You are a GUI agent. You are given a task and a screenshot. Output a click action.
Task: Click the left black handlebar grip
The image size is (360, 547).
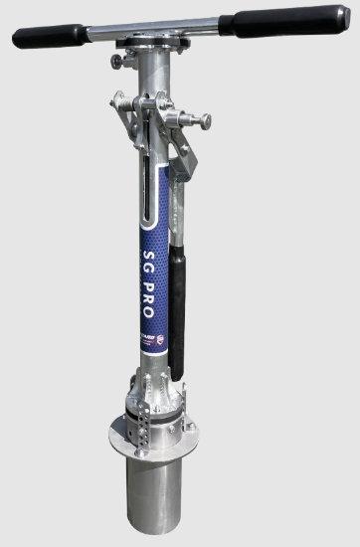48,37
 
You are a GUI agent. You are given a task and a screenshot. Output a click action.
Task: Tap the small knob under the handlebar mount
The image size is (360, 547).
118,63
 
